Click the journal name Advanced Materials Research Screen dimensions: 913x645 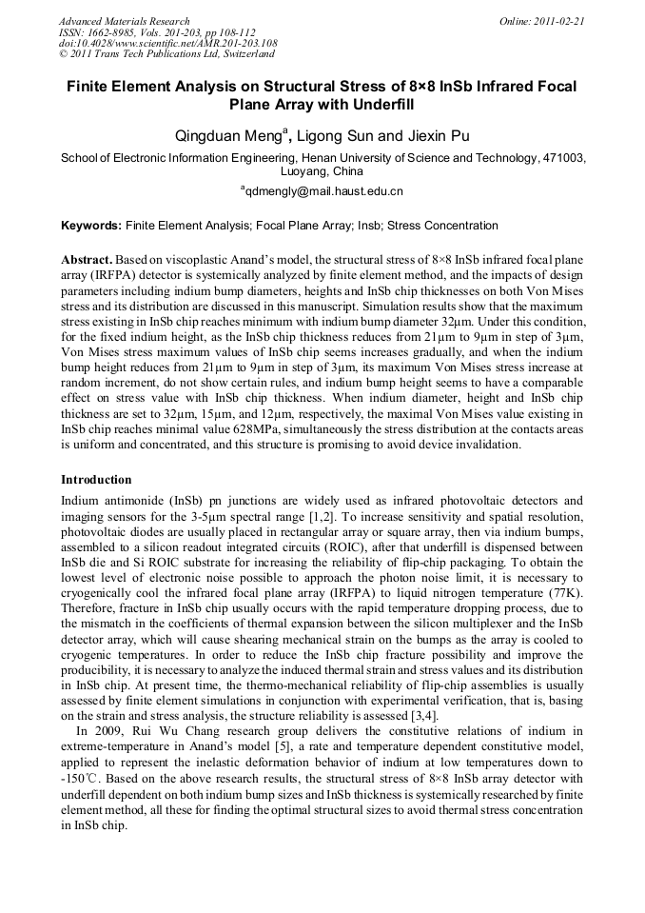(124, 21)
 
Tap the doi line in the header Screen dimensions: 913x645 (167, 43)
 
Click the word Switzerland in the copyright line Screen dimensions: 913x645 (246, 54)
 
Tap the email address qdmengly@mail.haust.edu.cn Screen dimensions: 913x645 (324, 191)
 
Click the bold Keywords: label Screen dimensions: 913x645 (91, 226)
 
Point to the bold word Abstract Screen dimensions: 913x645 (88, 260)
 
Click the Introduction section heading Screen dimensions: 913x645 (96, 479)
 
